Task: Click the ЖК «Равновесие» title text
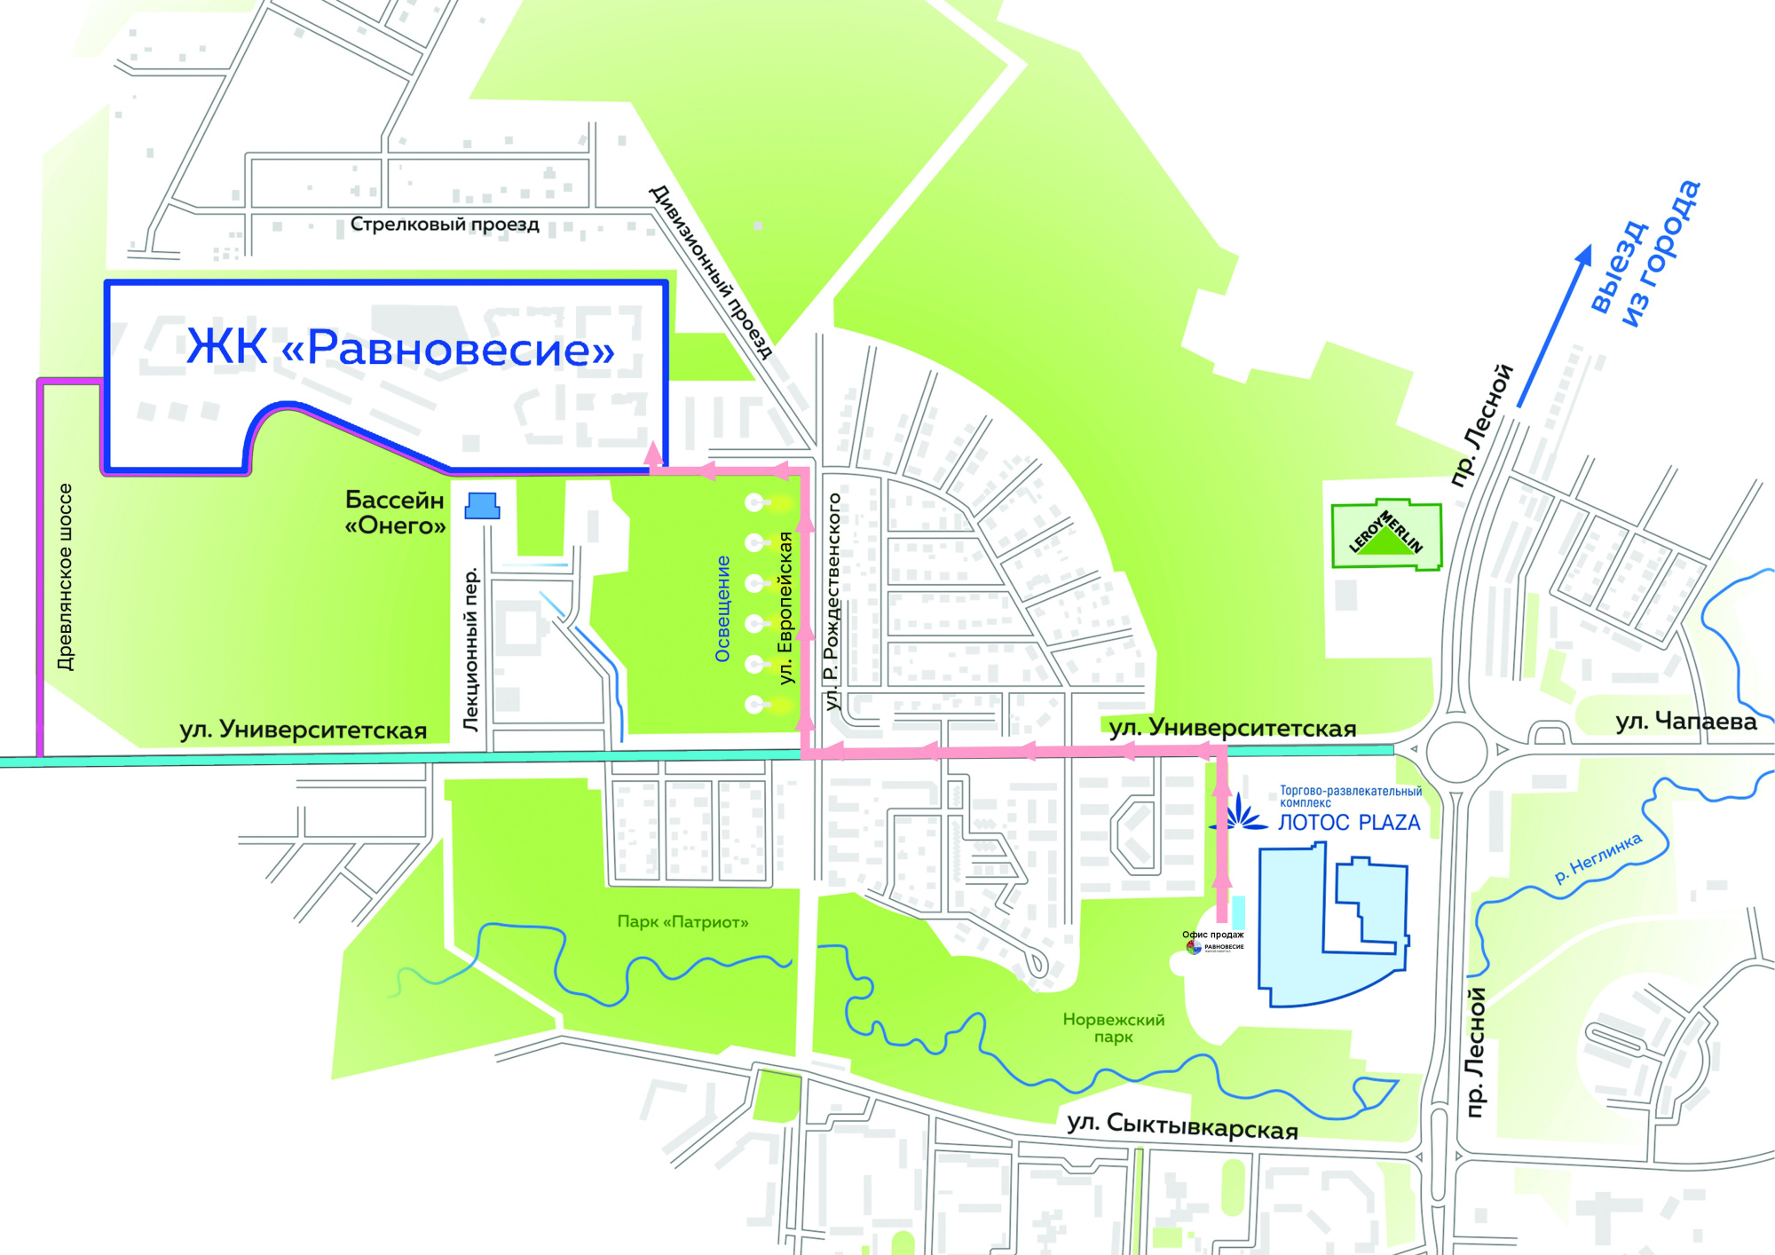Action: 400,347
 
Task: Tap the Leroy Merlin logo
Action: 1385,533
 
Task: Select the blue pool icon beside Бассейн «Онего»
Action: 482,506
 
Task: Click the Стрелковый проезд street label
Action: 445,224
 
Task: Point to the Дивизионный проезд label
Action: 711,272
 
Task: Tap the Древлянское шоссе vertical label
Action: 65,577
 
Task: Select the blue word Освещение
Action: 722,609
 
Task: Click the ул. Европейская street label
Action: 785,608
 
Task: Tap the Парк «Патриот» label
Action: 682,922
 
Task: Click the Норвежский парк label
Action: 1113,1028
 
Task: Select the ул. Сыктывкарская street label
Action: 1182,1126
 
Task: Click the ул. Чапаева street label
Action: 1685,722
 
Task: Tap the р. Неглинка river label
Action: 1597,858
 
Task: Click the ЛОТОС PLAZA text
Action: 1348,823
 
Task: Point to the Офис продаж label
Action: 1212,935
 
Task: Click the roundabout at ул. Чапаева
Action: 1455,751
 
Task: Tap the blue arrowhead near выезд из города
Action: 1583,255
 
